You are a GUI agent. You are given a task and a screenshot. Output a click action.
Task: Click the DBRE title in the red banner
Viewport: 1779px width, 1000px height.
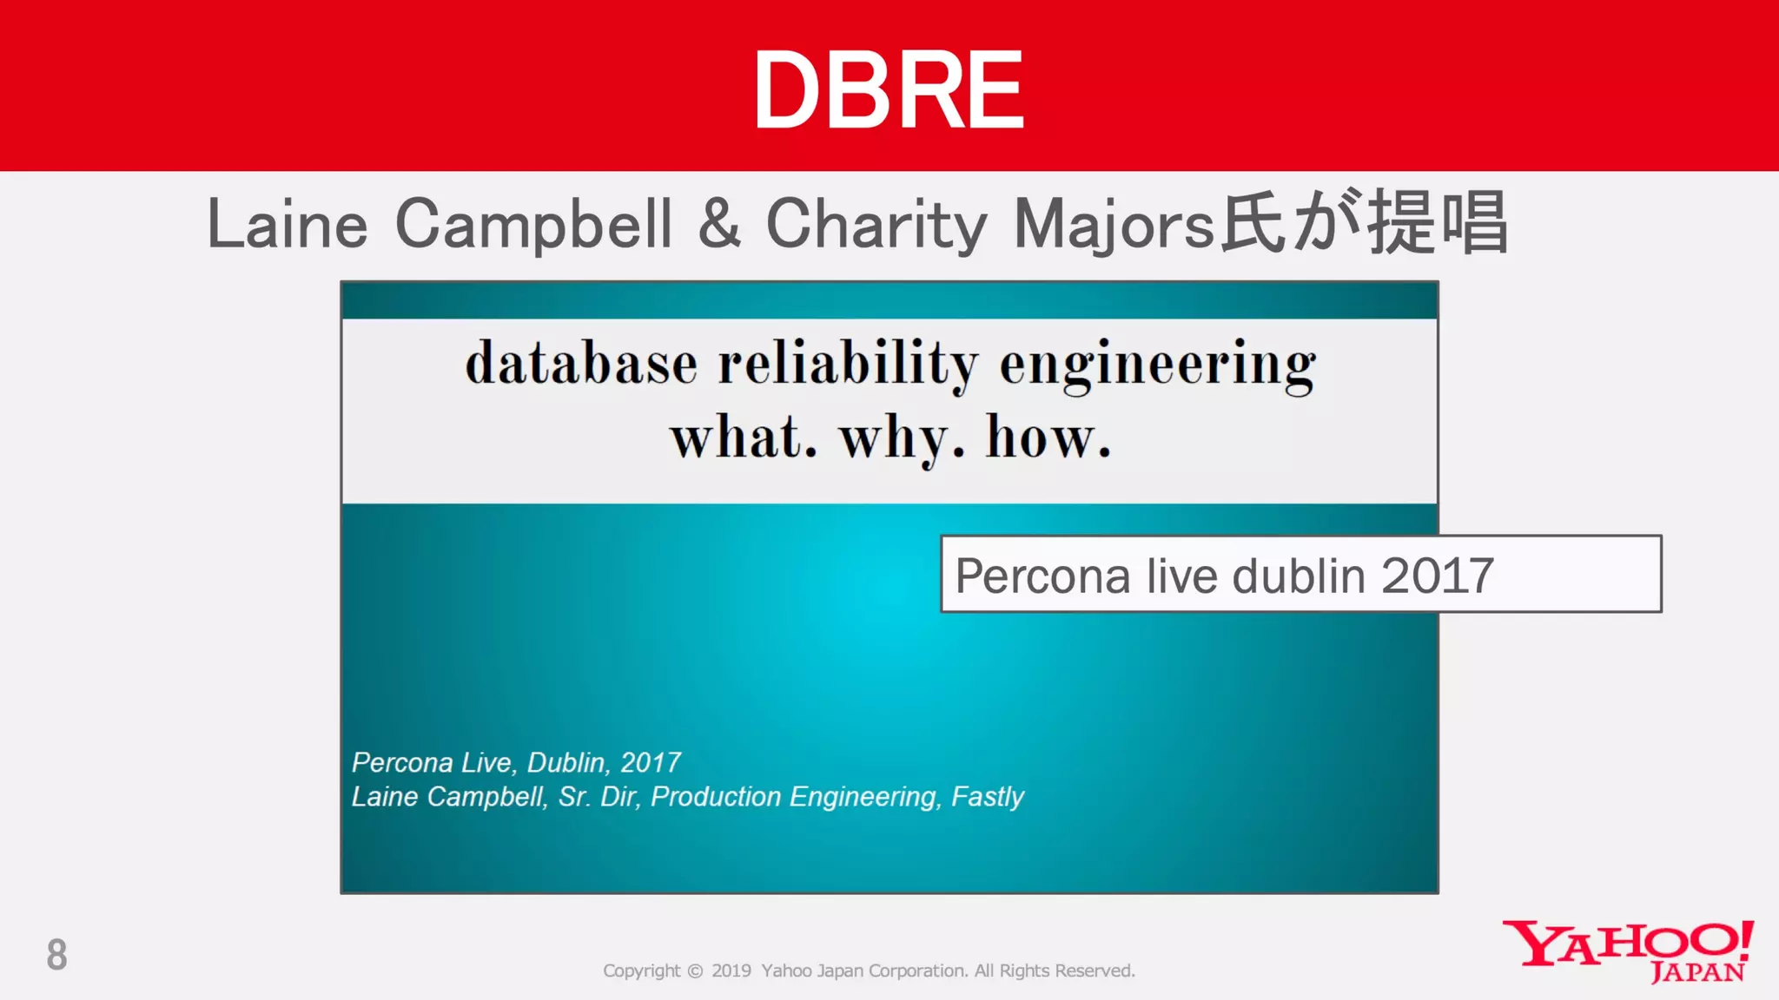(x=889, y=90)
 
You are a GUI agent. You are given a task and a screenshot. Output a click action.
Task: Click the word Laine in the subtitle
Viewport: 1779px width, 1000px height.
(x=288, y=224)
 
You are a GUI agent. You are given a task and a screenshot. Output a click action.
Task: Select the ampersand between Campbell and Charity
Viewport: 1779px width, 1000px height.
(x=719, y=224)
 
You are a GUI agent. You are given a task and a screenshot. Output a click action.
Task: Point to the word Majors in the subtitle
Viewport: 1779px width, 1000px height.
(x=1114, y=224)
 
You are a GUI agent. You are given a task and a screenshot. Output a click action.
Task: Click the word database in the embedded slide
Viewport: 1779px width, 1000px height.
(x=581, y=363)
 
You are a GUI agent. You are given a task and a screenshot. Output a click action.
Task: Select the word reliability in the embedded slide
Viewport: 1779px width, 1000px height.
(x=848, y=363)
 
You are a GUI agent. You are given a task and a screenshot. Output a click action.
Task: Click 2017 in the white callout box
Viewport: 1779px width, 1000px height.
(x=1437, y=576)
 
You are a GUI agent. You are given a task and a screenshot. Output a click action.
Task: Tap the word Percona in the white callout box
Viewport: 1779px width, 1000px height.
(x=1042, y=576)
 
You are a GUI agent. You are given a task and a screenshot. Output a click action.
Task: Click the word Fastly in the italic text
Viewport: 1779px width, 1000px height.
(x=988, y=796)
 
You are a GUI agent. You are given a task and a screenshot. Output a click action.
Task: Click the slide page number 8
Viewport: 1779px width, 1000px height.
(x=56, y=955)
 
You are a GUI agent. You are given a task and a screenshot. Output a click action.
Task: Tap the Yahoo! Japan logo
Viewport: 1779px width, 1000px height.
(x=1628, y=951)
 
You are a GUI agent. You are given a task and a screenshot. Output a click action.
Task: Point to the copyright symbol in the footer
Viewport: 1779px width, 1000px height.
(x=695, y=970)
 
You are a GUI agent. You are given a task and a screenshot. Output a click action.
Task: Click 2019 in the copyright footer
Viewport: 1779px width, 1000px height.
(x=731, y=970)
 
